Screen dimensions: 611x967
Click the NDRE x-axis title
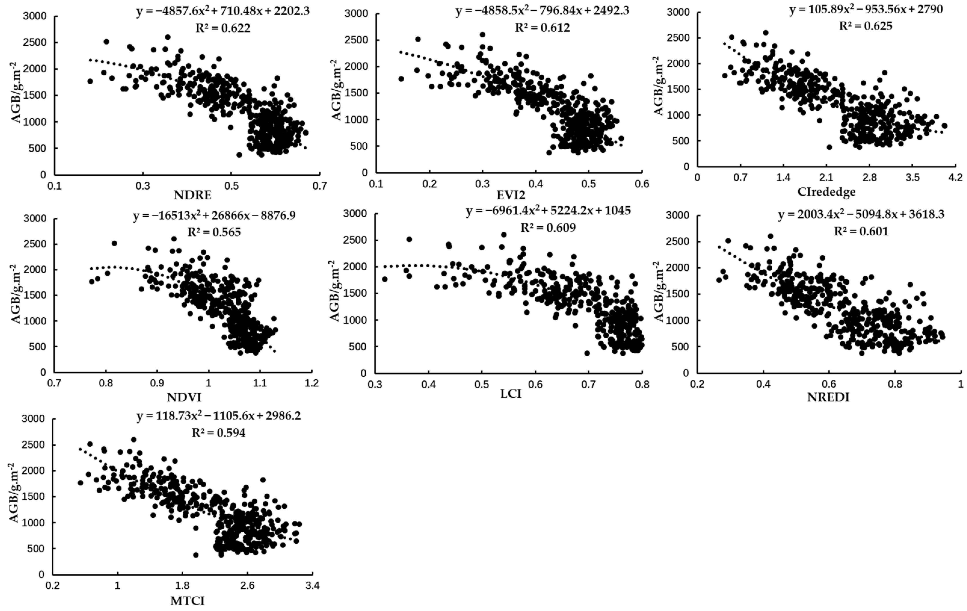click(x=192, y=196)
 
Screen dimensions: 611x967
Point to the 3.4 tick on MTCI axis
click(x=312, y=586)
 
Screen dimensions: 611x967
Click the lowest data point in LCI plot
click(x=587, y=353)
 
